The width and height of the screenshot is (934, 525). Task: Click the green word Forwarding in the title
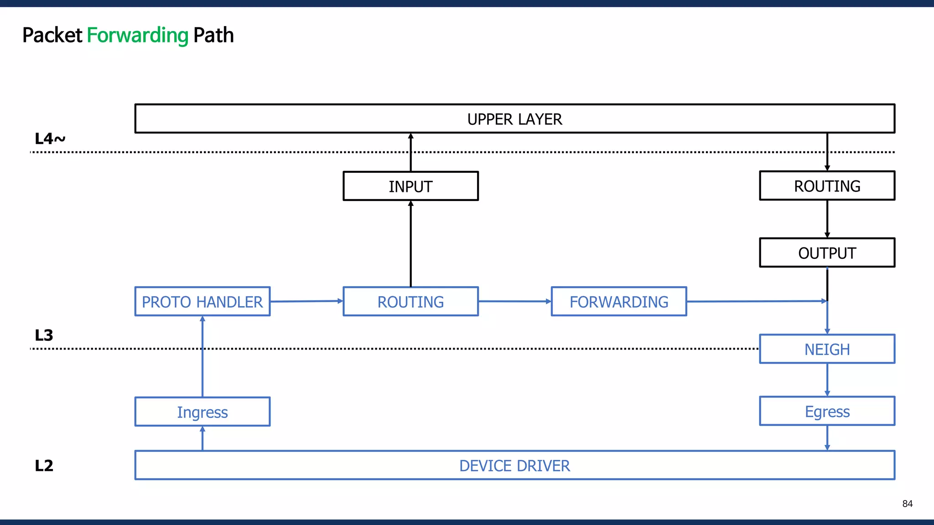pyautogui.click(x=137, y=36)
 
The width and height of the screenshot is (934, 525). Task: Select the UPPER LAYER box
pyautogui.click(x=514, y=119)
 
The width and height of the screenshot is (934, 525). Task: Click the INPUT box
pyautogui.click(x=410, y=186)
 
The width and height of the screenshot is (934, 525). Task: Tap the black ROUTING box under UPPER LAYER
pyautogui.click(x=827, y=185)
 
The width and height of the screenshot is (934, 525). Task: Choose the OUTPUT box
pyautogui.click(x=827, y=252)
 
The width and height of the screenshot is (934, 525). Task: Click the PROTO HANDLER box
pyautogui.click(x=202, y=301)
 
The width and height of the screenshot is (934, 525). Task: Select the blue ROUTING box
pyautogui.click(x=410, y=301)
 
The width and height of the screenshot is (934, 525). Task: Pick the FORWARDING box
pyautogui.click(x=618, y=301)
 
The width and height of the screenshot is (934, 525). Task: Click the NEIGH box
pyautogui.click(x=827, y=349)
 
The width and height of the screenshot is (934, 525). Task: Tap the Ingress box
pyautogui.click(x=202, y=412)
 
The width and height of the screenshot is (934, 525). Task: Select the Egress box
pyautogui.click(x=827, y=411)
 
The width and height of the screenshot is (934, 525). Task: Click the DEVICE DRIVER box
pyautogui.click(x=514, y=465)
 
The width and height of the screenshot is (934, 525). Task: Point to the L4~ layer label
pyautogui.click(x=50, y=139)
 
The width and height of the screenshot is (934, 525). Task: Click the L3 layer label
pyautogui.click(x=44, y=335)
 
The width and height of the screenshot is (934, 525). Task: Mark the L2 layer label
pyautogui.click(x=44, y=465)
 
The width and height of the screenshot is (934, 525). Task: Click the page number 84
pyautogui.click(x=907, y=504)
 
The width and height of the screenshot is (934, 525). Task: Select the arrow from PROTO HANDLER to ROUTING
pyautogui.click(x=306, y=301)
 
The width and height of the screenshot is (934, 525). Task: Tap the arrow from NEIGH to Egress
pyautogui.click(x=827, y=380)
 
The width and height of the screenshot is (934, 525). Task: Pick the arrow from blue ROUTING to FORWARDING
pyautogui.click(x=514, y=301)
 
